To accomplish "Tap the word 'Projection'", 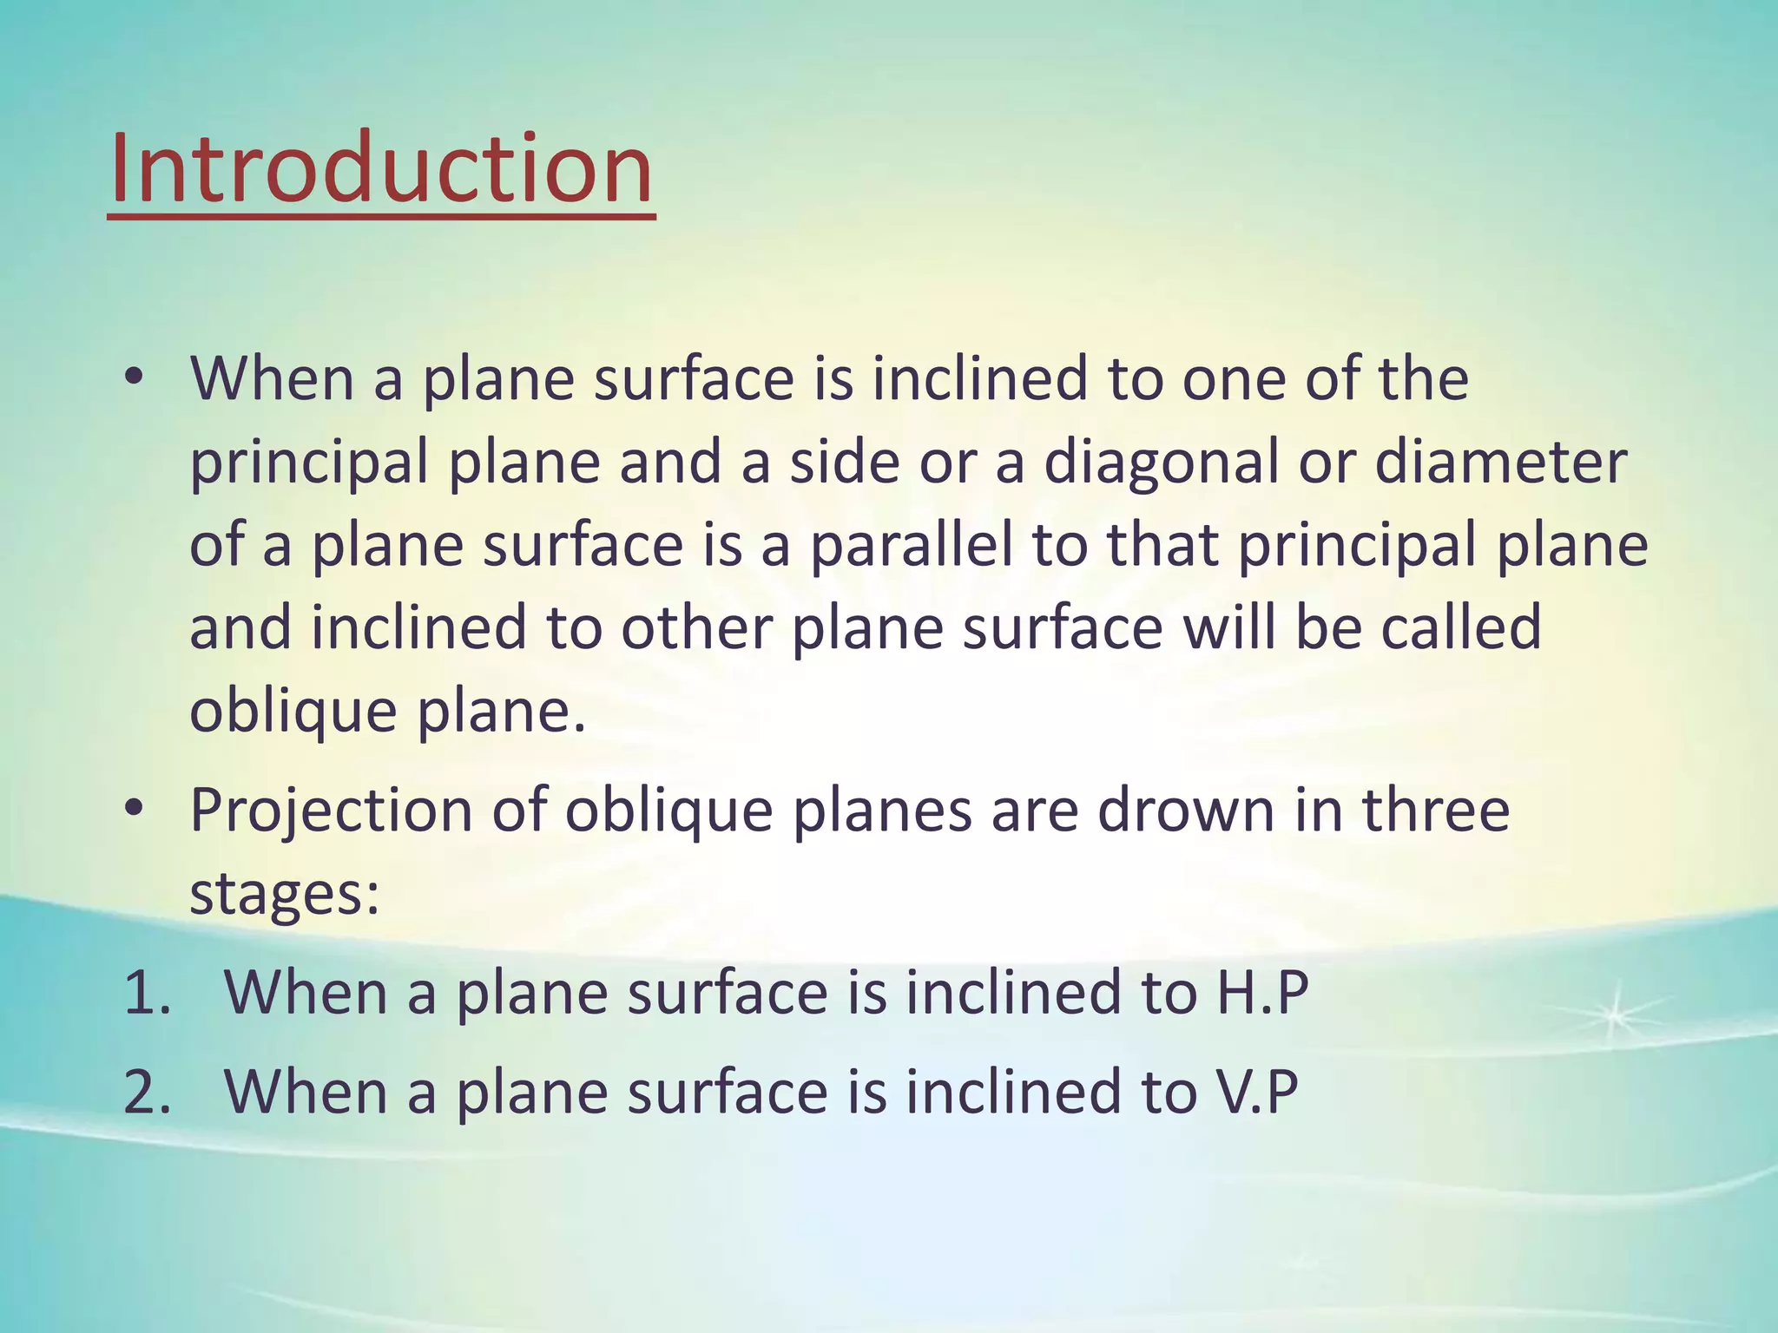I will point(331,811).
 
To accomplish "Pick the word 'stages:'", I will point(285,894).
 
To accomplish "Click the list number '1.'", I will point(148,994).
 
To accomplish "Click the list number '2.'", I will point(148,1092).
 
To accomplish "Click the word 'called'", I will point(1460,629).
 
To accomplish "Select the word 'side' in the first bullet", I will point(843,463).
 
